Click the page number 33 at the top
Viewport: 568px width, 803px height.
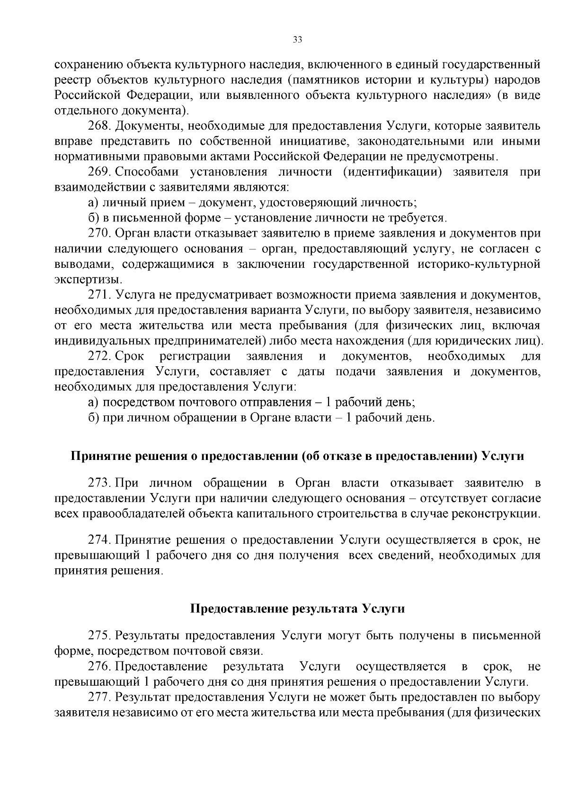(x=297, y=40)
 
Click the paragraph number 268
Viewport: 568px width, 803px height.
(x=99, y=126)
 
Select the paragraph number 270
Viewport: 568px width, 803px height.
(x=99, y=233)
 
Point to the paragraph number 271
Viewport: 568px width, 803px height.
(x=99, y=295)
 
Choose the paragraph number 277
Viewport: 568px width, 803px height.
(x=99, y=697)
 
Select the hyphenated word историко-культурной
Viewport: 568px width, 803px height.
(x=479, y=264)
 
